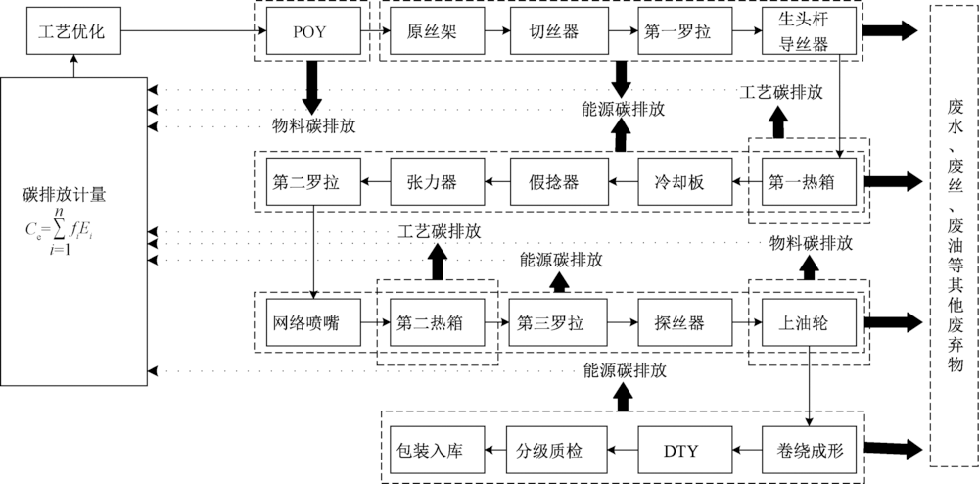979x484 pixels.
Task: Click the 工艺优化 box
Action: point(71,33)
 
